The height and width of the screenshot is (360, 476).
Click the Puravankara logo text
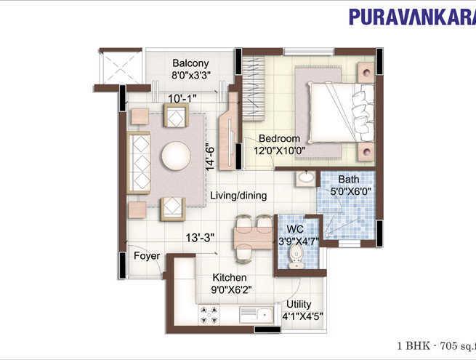[x=411, y=17]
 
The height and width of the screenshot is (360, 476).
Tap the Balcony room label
[x=190, y=63]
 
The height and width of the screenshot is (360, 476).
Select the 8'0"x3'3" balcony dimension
[x=190, y=75]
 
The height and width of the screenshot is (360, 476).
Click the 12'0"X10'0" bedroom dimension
[x=279, y=151]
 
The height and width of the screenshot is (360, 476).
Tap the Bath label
[x=348, y=179]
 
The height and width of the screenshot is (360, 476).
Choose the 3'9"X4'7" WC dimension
[x=295, y=241]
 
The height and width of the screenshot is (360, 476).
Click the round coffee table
[x=176, y=156]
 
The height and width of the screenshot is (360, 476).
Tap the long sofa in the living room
[x=139, y=161]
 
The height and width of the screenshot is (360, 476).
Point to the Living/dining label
[x=238, y=196]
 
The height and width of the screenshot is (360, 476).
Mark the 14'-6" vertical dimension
[x=211, y=156]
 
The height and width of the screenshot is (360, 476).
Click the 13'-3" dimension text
[x=199, y=237]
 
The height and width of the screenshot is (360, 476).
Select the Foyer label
[x=146, y=255]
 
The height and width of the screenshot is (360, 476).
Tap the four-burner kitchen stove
[x=211, y=314]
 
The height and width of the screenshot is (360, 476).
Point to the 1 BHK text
[x=412, y=346]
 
